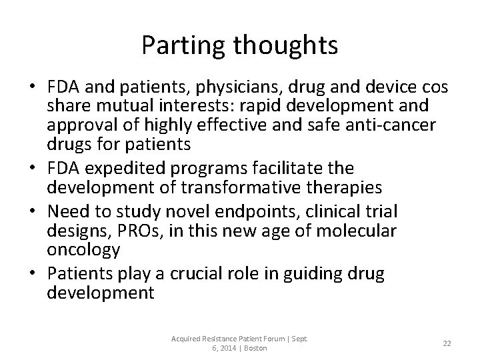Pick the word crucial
193,275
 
